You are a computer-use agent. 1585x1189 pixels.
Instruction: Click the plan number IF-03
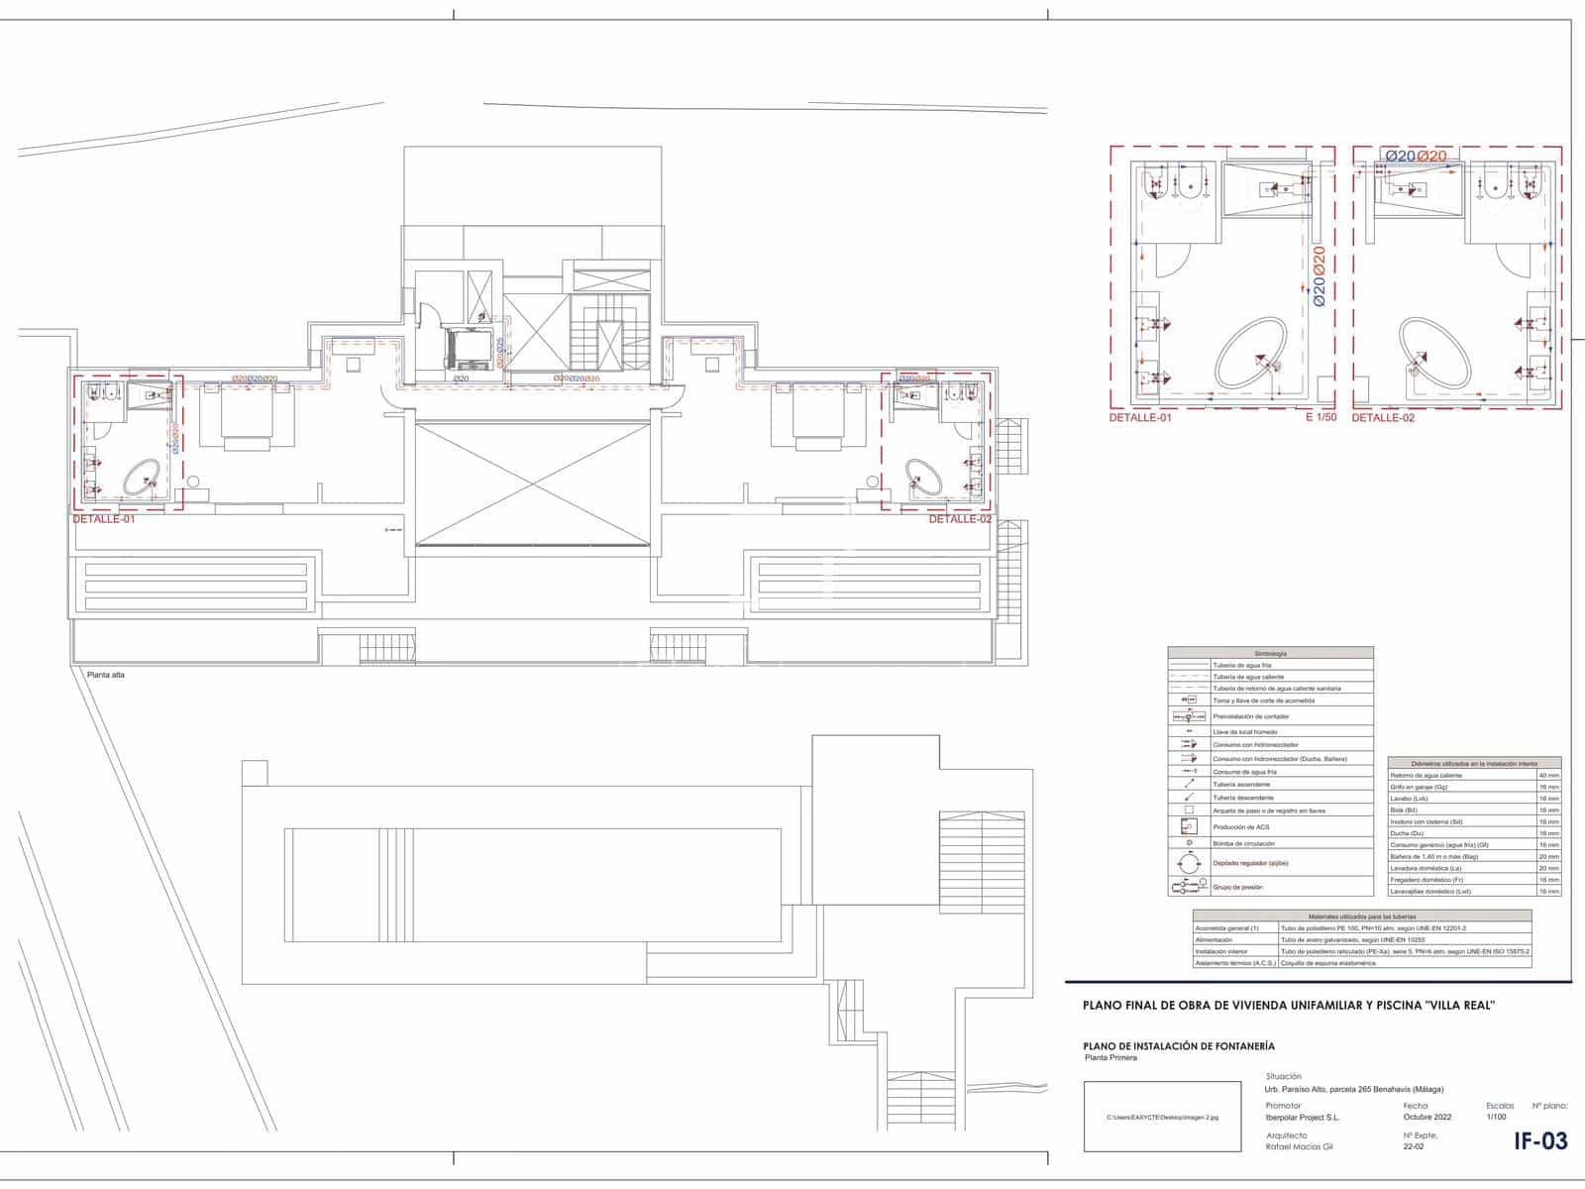[1540, 1140]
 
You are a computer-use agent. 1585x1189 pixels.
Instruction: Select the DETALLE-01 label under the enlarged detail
[1139, 418]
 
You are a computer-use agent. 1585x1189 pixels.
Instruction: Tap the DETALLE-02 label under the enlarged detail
[1383, 418]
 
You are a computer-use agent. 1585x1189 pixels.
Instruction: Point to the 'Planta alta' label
[106, 675]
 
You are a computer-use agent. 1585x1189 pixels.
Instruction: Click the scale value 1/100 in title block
[1497, 1117]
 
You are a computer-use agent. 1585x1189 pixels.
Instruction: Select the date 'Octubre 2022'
[1427, 1117]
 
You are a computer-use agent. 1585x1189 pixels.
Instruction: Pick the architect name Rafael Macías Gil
[1299, 1146]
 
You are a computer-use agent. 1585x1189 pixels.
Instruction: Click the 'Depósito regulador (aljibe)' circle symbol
[1189, 863]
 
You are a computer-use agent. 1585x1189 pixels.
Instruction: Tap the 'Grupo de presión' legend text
[1237, 888]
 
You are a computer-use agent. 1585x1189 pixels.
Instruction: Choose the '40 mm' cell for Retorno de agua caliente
[1548, 775]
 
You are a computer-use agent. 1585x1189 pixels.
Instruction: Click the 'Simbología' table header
[1270, 654]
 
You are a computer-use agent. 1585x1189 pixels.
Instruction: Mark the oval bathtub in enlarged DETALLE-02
[1434, 353]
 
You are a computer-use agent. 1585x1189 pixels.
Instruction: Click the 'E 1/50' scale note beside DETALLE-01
[1321, 418]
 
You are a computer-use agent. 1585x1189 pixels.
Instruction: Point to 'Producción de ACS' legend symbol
[1189, 826]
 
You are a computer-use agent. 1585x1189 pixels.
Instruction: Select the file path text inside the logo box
[1162, 1117]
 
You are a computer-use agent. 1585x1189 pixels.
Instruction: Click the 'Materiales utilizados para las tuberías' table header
[1362, 917]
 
